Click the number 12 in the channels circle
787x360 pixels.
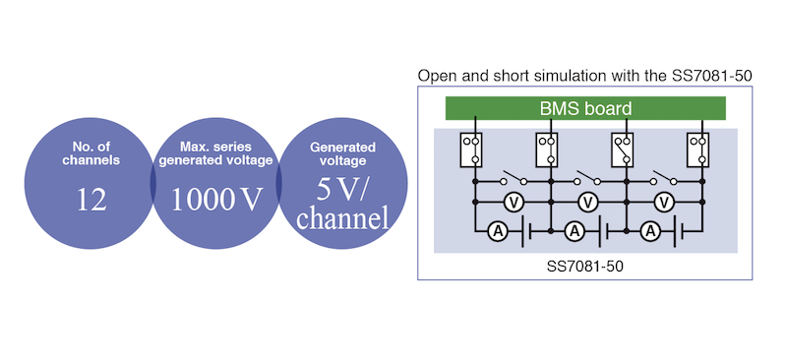[x=91, y=200]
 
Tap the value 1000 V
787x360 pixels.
[x=216, y=200]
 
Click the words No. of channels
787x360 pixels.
[x=91, y=153]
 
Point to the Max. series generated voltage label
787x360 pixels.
[x=215, y=153]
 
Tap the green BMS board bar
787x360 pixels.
[x=585, y=108]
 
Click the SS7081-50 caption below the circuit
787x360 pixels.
[x=584, y=266]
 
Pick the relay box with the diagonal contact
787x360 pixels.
[x=622, y=150]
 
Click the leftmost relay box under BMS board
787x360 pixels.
[x=471, y=150]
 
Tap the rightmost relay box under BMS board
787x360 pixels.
[x=697, y=150]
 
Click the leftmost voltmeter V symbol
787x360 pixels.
[x=513, y=202]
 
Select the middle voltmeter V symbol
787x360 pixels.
[x=587, y=202]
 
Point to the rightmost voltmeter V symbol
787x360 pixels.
[x=664, y=202]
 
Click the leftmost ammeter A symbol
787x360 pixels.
[x=499, y=231]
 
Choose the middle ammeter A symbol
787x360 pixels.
[x=575, y=231]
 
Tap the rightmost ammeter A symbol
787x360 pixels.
[x=651, y=231]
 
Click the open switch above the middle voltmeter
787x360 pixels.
[x=588, y=177]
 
